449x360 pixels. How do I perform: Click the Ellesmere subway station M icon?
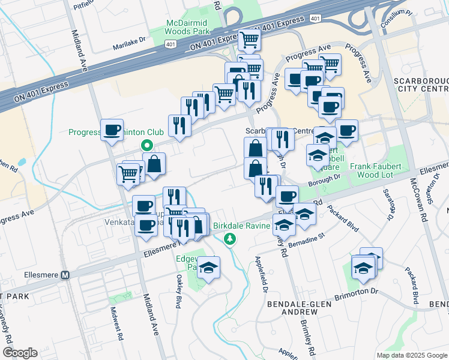66,275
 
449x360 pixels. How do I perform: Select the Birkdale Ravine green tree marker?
229,240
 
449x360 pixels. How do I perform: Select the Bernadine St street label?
306,238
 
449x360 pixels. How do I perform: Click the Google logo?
20,353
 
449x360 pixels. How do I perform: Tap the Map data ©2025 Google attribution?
411,355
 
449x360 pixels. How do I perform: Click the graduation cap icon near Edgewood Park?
209,267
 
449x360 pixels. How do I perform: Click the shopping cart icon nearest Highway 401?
249,40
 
